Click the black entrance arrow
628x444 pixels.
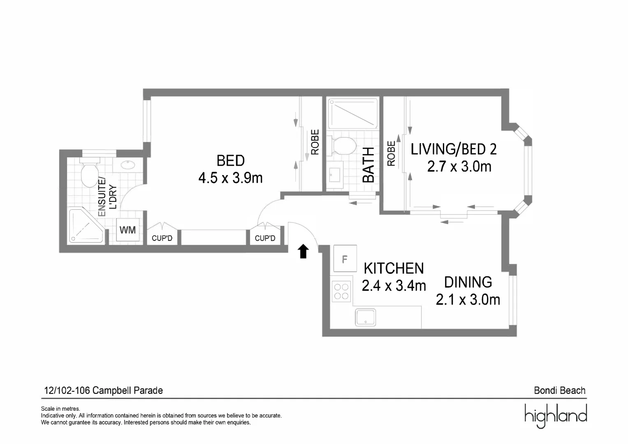(x=303, y=251)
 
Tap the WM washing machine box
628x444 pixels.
(x=127, y=230)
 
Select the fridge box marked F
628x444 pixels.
(x=345, y=259)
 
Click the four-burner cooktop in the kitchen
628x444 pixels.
(x=341, y=291)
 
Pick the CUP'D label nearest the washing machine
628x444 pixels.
(x=162, y=238)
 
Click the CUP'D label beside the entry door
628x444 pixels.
(x=265, y=238)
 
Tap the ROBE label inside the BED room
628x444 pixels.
(x=315, y=142)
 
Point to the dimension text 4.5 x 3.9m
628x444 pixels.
(x=230, y=178)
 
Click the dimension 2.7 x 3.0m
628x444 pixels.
(x=459, y=166)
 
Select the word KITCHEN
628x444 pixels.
(x=394, y=268)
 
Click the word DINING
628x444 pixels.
(x=468, y=282)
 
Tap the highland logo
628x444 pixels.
(x=555, y=415)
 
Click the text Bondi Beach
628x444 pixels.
(x=559, y=390)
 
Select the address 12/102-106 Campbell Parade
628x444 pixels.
(x=103, y=390)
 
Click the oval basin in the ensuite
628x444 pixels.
(x=128, y=165)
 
